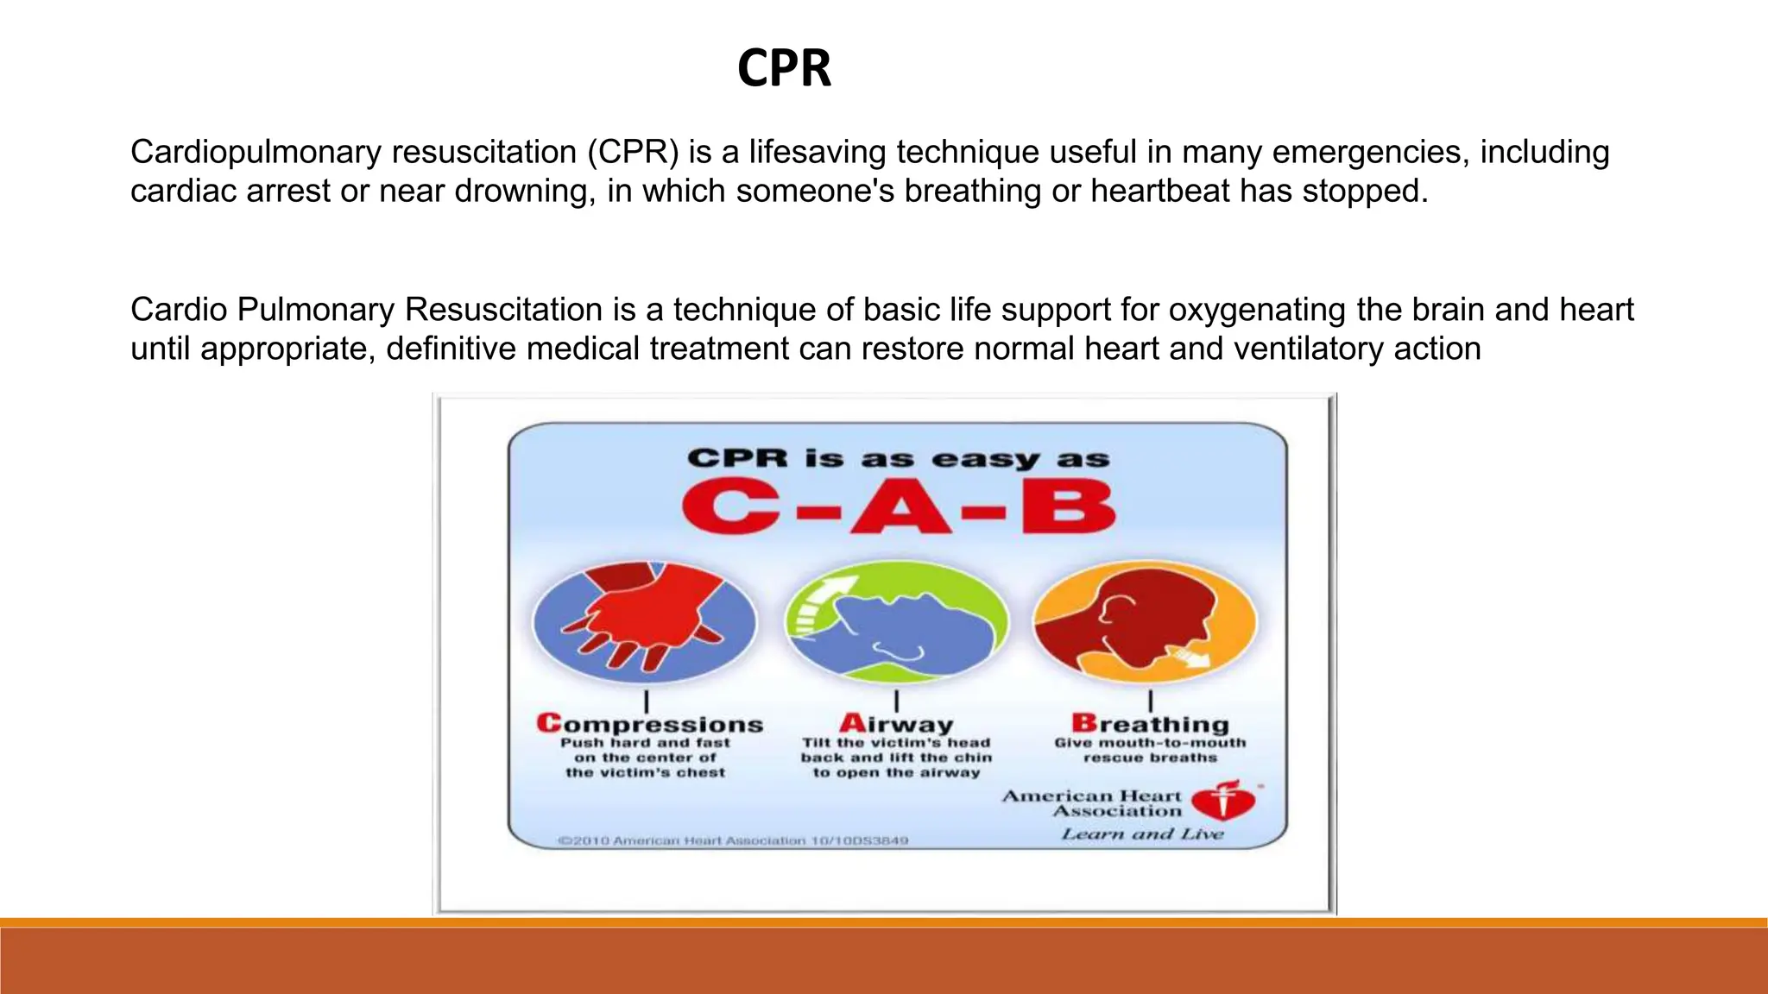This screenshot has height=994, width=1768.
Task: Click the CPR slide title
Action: click(784, 68)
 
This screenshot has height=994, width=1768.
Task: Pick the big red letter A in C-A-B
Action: click(900, 507)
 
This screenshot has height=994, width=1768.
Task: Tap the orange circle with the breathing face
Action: click(1146, 621)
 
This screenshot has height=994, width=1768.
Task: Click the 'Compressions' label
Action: click(649, 724)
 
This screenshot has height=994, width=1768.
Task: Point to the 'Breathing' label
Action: click(1150, 724)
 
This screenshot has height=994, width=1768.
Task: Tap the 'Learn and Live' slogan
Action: click(1142, 834)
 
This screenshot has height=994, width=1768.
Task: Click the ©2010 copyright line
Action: click(732, 840)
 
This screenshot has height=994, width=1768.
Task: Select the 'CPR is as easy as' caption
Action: click(898, 458)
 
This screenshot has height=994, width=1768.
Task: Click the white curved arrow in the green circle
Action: click(814, 603)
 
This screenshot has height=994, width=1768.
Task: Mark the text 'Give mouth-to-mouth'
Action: click(1150, 743)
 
